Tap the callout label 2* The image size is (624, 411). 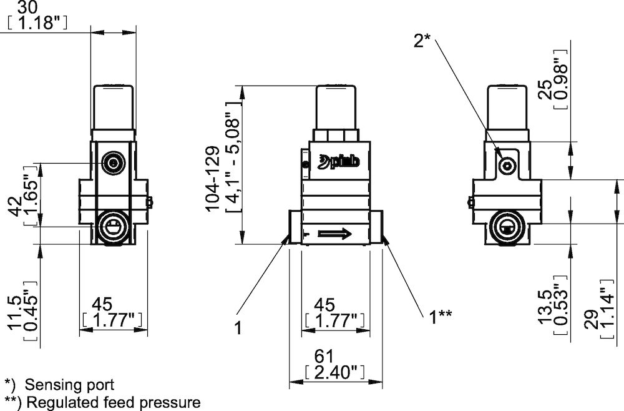pos(422,41)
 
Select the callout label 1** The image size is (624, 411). pos(440,315)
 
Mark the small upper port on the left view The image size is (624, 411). pos(113,164)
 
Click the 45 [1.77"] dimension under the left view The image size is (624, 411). pos(113,312)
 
